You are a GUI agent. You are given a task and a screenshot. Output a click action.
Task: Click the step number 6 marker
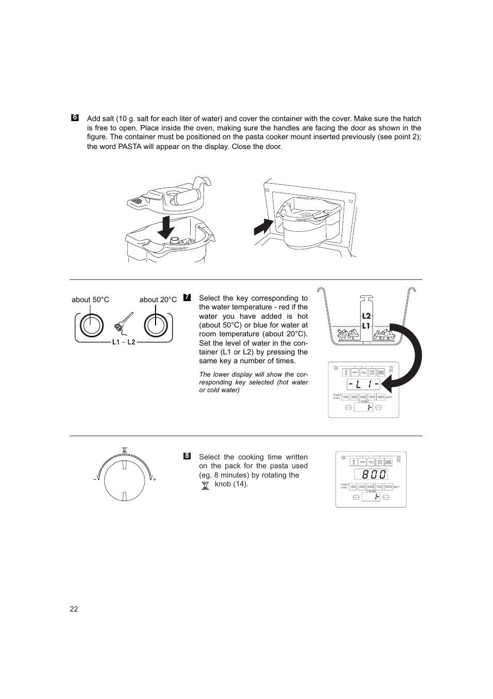[75, 117]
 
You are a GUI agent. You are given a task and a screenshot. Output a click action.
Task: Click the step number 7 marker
[187, 298]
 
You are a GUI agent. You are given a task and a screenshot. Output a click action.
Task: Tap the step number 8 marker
[187, 456]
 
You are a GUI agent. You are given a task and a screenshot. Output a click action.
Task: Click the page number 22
[74, 609]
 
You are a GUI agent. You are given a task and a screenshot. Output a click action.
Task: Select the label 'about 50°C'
[90, 300]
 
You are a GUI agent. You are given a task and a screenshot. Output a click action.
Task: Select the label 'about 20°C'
[158, 300]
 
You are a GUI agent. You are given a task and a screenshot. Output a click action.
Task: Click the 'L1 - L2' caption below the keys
[124, 342]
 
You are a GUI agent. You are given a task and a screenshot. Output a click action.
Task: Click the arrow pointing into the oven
[264, 227]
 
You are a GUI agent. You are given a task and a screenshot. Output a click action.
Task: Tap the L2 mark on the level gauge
[366, 316]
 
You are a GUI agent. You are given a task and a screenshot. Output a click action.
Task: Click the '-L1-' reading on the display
[363, 384]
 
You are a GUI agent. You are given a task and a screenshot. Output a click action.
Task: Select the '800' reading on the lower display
[371, 474]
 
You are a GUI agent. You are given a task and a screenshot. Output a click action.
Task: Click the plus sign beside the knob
[154, 480]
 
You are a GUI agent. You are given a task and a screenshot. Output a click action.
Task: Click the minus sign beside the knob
[95, 480]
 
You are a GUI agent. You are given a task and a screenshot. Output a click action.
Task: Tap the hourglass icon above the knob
[125, 449]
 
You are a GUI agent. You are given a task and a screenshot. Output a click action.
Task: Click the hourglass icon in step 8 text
[205, 485]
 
